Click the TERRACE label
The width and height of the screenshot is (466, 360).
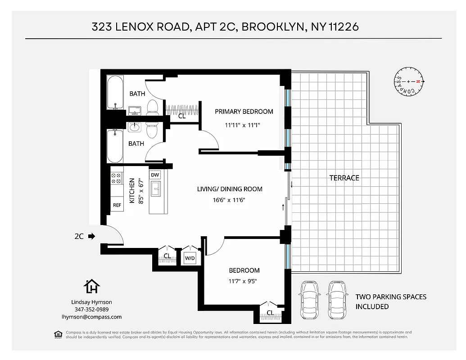[344, 178]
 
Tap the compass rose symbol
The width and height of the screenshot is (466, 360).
[408, 81]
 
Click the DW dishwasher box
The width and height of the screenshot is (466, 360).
[155, 175]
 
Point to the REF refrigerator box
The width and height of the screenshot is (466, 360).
[117, 205]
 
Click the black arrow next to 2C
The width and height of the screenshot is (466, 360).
[92, 235]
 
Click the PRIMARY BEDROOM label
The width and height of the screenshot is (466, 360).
[244, 112]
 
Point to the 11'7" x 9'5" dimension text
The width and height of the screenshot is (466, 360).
[243, 282]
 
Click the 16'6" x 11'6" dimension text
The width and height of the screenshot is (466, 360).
[230, 200]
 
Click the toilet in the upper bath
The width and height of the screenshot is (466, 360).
[152, 107]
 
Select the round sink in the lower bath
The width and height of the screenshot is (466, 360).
[135, 127]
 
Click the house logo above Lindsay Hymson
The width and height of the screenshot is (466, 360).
[92, 286]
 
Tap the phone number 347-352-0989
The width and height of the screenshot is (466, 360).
[91, 310]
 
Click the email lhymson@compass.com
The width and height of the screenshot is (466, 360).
[91, 317]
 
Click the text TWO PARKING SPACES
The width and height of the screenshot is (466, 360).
[390, 297]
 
